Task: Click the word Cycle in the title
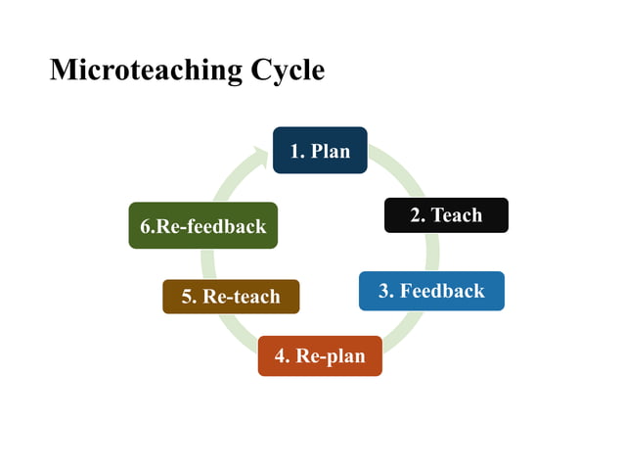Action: (x=288, y=70)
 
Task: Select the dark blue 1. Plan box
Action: (x=320, y=150)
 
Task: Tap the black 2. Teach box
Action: (x=446, y=215)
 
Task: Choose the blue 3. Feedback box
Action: (x=431, y=291)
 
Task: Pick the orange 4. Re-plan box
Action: (x=320, y=355)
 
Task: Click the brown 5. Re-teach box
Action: (x=231, y=296)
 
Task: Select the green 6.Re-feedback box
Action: (x=203, y=226)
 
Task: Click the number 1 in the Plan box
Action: (x=295, y=151)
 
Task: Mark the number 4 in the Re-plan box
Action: (x=281, y=355)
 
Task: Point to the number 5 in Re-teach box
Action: (x=187, y=296)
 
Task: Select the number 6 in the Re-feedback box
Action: (x=146, y=226)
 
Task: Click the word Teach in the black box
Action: (x=457, y=215)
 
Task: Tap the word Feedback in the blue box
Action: (x=442, y=291)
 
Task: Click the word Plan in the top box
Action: (x=331, y=151)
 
